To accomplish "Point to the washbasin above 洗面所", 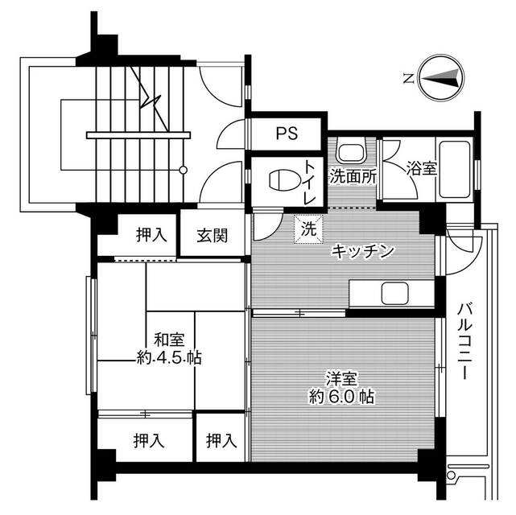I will pyautogui.click(x=352, y=152).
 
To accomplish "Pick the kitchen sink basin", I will pyautogui.click(x=396, y=293).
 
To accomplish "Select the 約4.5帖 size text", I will pyautogui.click(x=168, y=359).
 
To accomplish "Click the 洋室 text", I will pyautogui.click(x=341, y=377).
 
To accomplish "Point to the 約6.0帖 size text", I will pyautogui.click(x=341, y=396).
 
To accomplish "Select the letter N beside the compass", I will pyautogui.click(x=409, y=78).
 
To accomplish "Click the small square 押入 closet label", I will pyautogui.click(x=220, y=440).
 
